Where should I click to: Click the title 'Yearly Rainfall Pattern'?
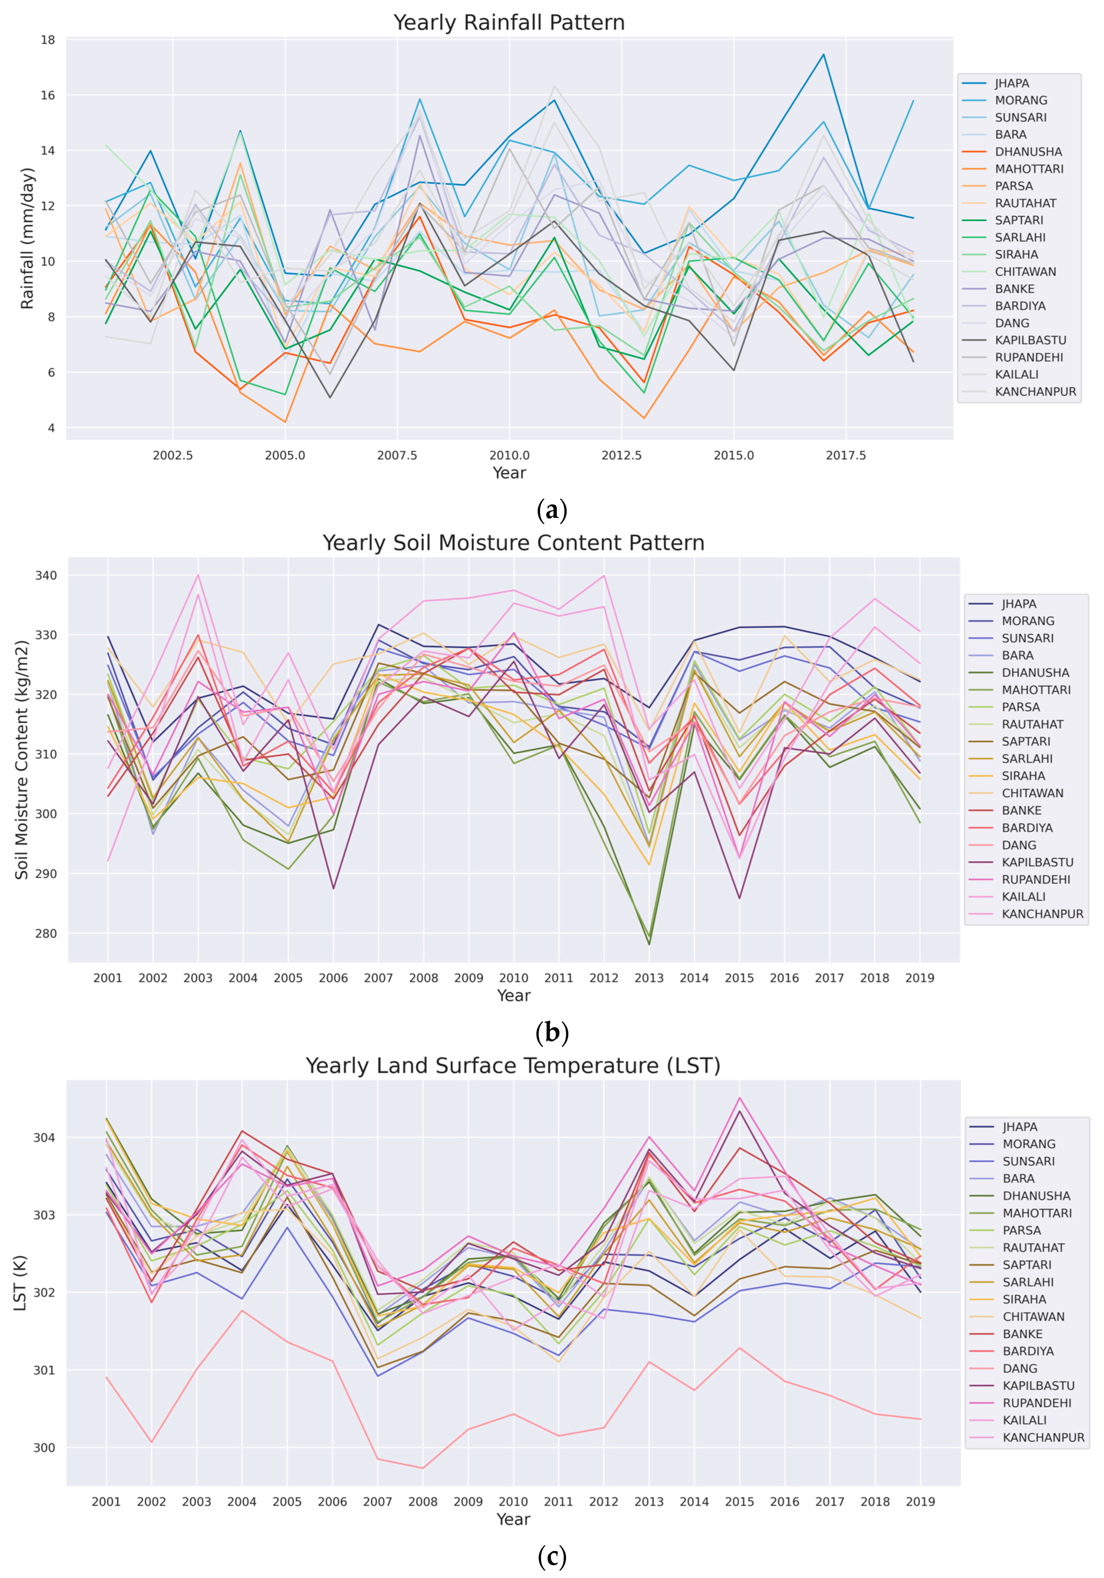click(x=509, y=23)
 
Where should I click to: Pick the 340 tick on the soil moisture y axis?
click(x=47, y=575)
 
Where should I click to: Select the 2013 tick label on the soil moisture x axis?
click(x=649, y=978)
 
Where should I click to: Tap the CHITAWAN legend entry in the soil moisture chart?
click(x=1032, y=793)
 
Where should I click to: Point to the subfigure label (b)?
click(x=552, y=1032)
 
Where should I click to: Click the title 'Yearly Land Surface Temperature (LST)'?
click(x=512, y=1066)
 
